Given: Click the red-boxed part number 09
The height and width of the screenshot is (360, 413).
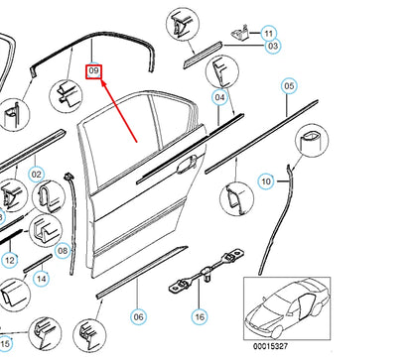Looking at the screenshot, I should pos(94,70).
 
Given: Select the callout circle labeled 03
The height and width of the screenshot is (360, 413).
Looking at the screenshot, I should pos(271,47).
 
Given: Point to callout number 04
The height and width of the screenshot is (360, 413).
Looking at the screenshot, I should pos(221,96).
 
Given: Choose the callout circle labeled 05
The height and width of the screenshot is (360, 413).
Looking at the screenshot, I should pos(289,87).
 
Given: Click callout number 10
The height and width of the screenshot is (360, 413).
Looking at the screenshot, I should pos(265,180).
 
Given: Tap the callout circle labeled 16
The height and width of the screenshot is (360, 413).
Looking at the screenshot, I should pos(200,316).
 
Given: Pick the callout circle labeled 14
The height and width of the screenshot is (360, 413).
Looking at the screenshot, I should pos(42,279).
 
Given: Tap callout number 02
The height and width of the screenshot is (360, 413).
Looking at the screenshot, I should pos(36,176).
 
